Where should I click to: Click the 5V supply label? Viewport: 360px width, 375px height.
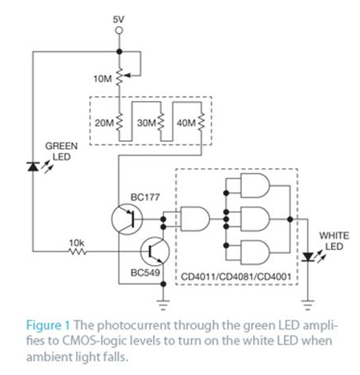click(119, 20)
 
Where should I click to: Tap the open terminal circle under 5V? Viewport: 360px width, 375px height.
click(119, 30)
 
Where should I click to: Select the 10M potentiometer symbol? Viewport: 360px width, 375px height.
click(119, 77)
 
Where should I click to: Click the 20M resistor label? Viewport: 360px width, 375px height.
click(104, 123)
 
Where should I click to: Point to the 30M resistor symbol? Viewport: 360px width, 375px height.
click(160, 123)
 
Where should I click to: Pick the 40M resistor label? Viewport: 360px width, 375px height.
click(186, 123)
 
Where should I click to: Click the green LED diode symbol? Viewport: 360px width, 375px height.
click(33, 167)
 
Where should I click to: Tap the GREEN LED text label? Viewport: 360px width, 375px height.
click(62, 151)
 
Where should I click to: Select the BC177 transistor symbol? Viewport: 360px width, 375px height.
click(127, 220)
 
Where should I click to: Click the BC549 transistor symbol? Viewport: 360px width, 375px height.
click(155, 251)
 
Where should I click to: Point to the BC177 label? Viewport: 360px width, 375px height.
click(145, 197)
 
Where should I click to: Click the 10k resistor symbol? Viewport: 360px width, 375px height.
click(77, 251)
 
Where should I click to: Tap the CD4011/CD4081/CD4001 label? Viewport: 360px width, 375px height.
click(236, 276)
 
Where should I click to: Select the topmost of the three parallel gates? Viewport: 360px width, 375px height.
click(255, 186)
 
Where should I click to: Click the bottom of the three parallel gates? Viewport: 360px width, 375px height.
click(255, 252)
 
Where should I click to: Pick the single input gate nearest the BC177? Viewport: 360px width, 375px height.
click(195, 219)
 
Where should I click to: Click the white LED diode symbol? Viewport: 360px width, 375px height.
click(308, 257)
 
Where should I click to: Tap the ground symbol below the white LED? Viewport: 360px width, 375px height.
click(308, 305)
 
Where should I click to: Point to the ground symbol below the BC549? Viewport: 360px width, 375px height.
click(163, 305)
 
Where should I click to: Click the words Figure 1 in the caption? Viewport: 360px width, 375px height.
click(48, 325)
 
